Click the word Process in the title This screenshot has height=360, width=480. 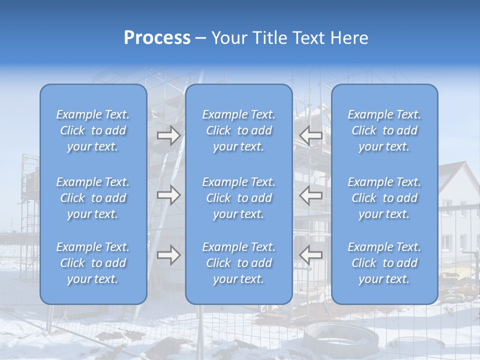157,38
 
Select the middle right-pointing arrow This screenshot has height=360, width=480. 168,195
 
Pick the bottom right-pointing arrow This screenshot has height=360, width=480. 168,255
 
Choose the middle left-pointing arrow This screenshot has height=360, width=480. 310,195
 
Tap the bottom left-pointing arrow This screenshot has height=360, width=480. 310,255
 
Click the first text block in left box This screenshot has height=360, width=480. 93,130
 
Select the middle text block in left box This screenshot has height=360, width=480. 93,198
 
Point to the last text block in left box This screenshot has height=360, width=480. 93,263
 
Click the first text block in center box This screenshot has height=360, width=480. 239,130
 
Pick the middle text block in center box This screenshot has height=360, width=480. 239,198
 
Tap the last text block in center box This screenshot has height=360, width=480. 239,263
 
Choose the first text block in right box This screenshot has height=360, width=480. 384,130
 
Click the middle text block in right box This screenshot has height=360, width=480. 384,198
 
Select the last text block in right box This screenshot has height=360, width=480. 384,263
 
